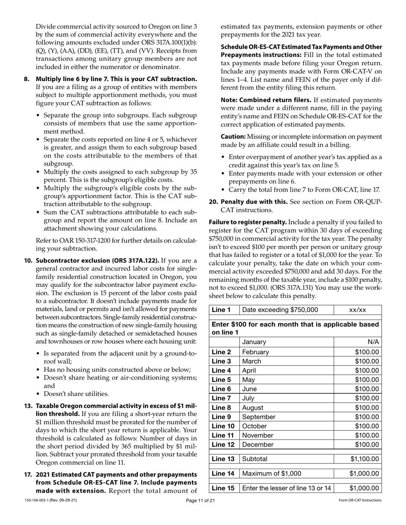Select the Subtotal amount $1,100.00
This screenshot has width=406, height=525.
click(x=364, y=459)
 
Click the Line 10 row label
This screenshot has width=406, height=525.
click(x=223, y=426)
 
